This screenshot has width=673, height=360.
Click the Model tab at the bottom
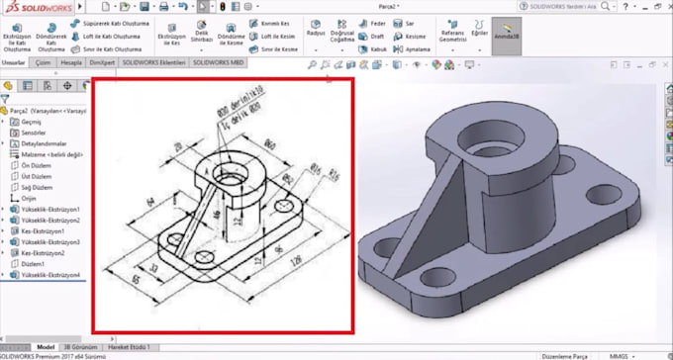click(x=46, y=347)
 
